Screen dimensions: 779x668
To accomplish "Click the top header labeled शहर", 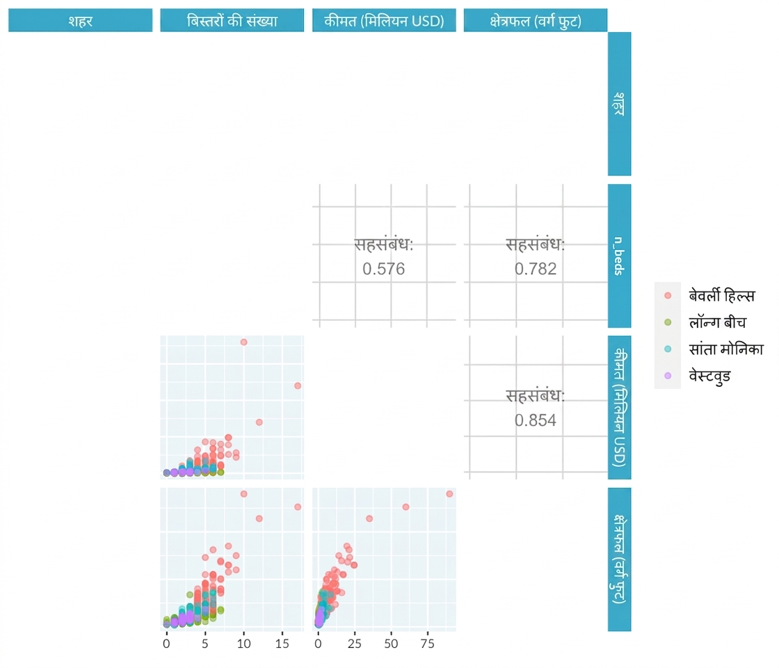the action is [81, 20].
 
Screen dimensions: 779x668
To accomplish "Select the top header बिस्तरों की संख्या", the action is [232, 20].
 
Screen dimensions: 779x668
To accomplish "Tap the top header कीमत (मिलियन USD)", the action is [384, 20].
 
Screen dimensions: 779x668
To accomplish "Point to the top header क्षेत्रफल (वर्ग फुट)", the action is [536, 20].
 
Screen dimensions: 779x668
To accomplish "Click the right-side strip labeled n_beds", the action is [620, 256].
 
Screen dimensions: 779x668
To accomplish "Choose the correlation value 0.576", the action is [383, 269].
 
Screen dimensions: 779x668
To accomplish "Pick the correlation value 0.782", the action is [536, 269].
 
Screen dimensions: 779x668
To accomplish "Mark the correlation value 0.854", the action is [536, 420].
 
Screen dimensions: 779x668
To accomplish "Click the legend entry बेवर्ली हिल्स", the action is [721, 296].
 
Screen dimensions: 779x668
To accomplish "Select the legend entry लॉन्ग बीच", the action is [717, 323].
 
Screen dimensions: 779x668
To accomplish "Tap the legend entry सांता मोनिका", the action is [726, 349].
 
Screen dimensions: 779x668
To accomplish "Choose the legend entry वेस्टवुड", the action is [709, 376].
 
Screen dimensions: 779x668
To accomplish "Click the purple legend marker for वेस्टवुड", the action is [668, 376].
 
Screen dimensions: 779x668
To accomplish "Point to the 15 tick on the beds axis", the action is [282, 644].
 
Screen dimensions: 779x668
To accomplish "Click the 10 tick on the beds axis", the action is [243, 644].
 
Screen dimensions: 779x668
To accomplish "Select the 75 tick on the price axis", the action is [427, 644].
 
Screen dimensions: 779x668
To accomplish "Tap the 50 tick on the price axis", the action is [391, 644].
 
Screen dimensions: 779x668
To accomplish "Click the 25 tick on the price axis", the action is [355, 644].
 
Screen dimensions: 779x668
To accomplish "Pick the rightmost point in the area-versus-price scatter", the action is [449, 494].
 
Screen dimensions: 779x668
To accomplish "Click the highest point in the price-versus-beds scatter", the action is [244, 342].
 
